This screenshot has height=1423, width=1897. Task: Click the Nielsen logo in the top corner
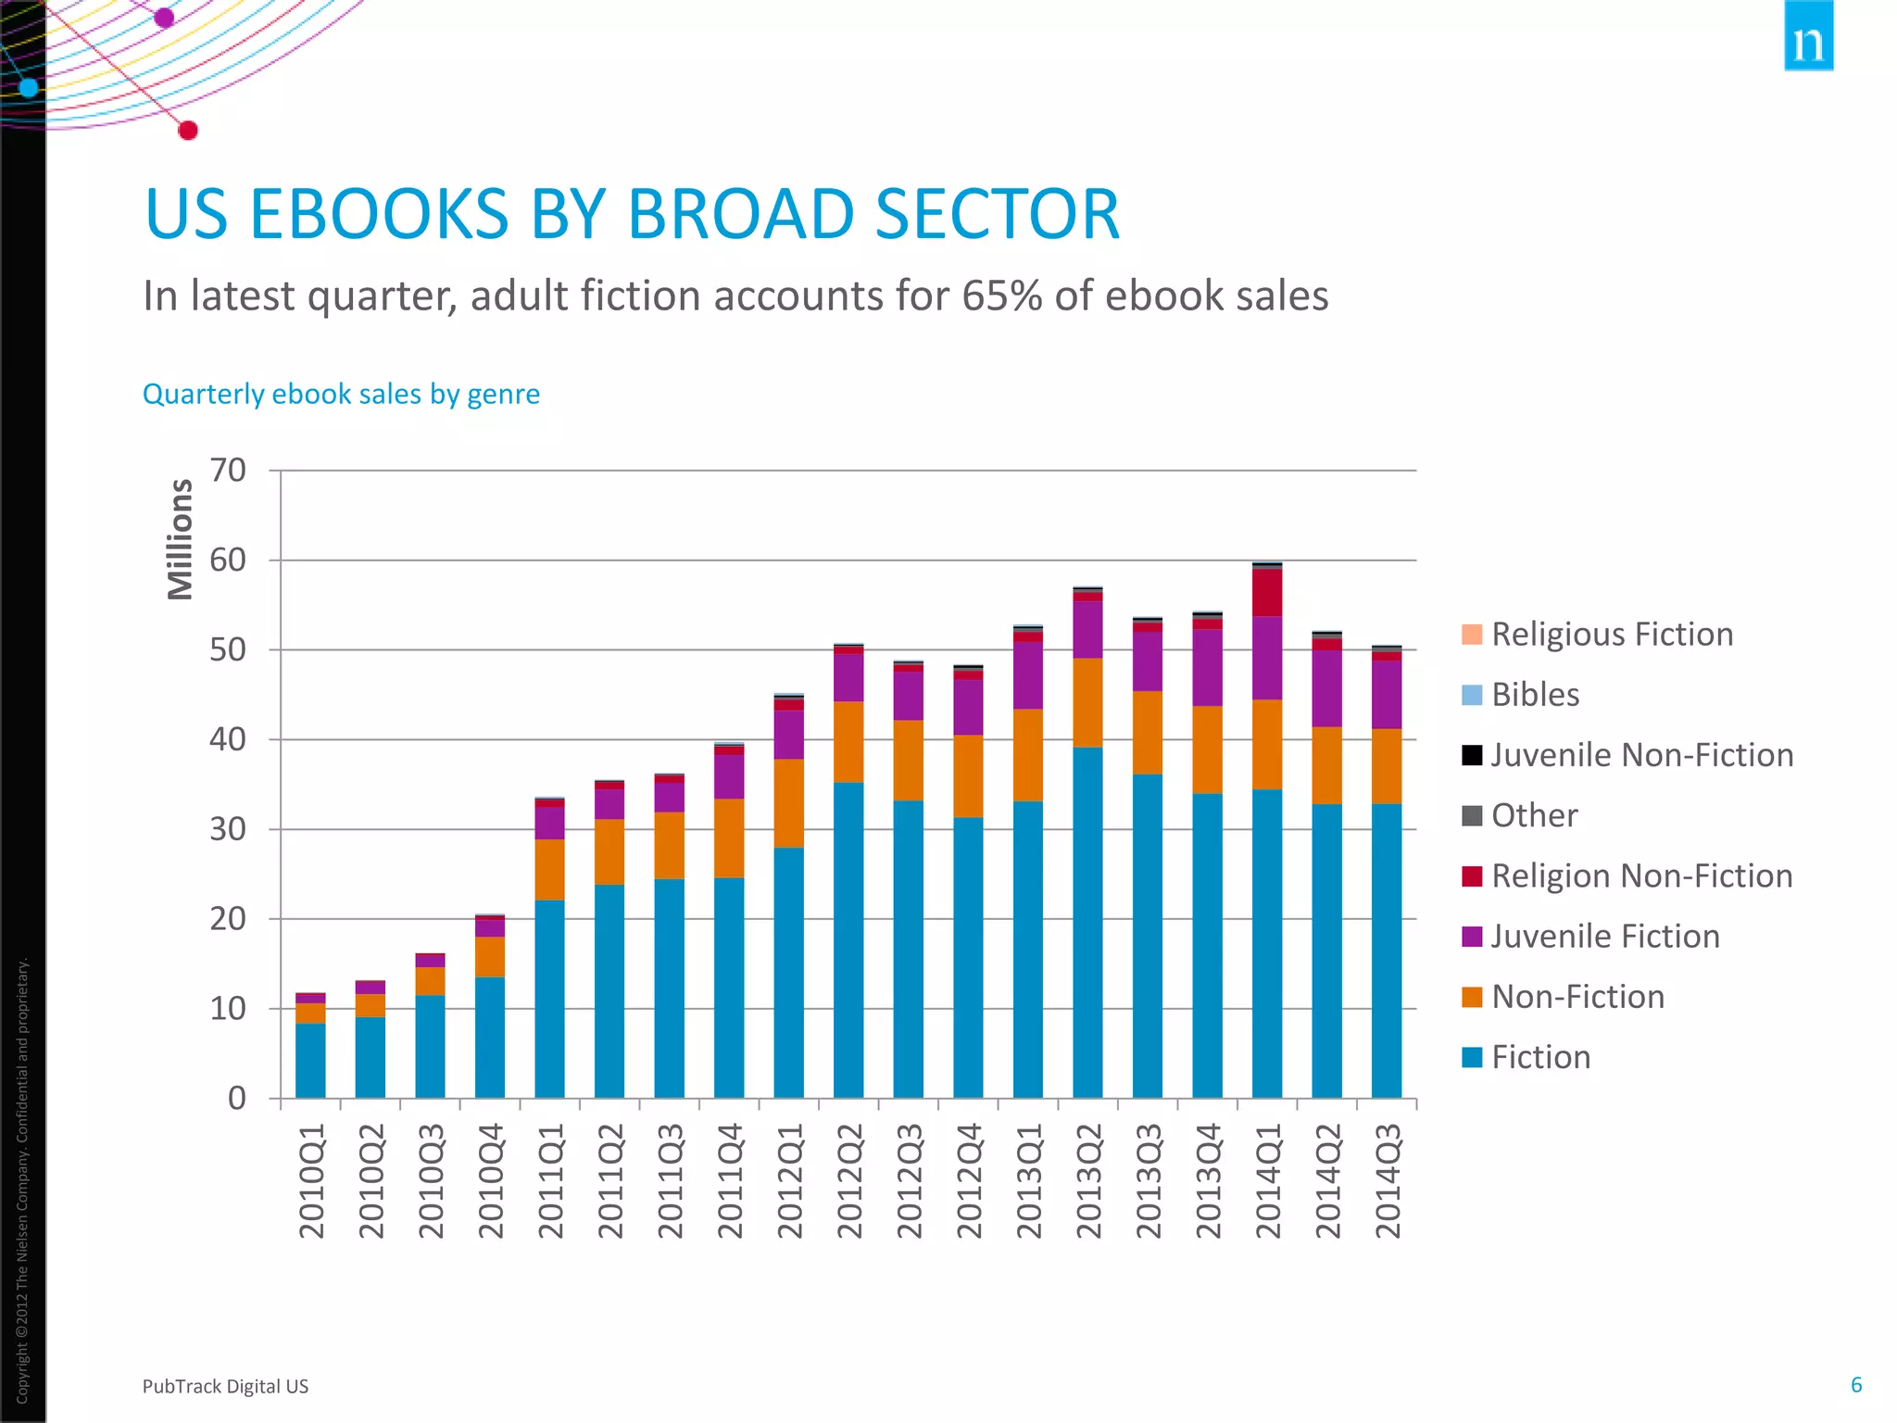point(1808,37)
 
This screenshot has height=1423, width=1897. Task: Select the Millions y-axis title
point(181,539)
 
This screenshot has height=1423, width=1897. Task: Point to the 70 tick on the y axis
point(228,471)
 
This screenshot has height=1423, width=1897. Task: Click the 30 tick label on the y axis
point(228,829)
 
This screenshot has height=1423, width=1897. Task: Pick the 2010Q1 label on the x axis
point(312,1181)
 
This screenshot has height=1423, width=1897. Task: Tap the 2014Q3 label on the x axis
point(1388,1181)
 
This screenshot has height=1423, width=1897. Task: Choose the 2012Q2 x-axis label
point(849,1181)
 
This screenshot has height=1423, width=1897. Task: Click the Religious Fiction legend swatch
point(1472,635)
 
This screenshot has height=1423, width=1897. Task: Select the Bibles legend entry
point(1535,695)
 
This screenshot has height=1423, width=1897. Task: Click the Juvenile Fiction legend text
point(1605,937)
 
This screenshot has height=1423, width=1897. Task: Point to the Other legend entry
point(1534,816)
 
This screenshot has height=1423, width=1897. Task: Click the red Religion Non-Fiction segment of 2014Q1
point(1267,593)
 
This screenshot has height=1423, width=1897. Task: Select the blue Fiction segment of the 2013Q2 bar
point(1087,922)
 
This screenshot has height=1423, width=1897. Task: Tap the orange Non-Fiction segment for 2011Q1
point(549,870)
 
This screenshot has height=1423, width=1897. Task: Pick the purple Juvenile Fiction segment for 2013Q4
point(1207,668)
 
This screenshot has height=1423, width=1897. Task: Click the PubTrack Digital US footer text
point(225,1387)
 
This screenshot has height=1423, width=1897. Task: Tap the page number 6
point(1856,1385)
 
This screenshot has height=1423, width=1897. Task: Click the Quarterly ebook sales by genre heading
point(341,395)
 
